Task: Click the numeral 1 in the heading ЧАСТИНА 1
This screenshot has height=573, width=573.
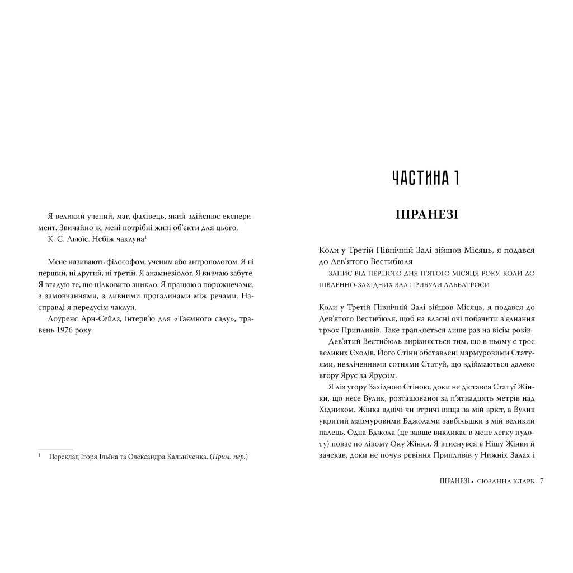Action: coord(457,178)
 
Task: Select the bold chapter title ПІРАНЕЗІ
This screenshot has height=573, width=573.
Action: coord(426,214)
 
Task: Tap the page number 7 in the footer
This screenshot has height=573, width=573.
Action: coord(542,481)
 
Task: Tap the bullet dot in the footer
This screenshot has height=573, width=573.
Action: coord(473,481)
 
